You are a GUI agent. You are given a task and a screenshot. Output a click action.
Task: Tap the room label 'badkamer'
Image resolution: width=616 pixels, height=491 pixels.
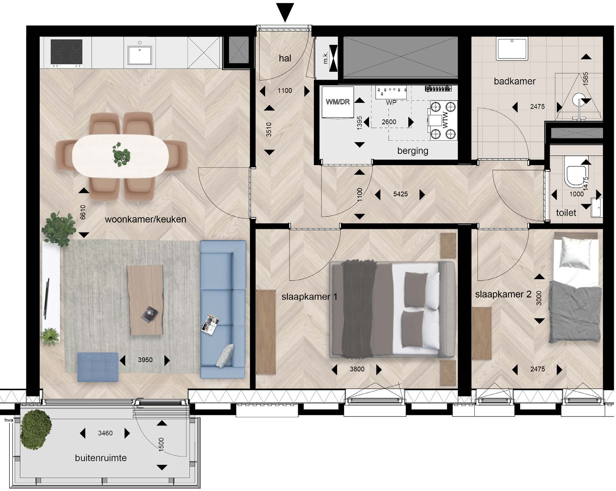514,81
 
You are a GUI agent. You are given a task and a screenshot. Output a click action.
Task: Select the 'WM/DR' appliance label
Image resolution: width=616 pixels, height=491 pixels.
338,102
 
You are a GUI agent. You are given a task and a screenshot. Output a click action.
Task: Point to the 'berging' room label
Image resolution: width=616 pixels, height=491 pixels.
413,151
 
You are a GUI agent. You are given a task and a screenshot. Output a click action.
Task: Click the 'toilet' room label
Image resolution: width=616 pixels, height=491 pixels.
566,213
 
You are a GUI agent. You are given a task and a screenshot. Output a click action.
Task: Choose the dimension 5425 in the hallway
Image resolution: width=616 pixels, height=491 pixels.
400,194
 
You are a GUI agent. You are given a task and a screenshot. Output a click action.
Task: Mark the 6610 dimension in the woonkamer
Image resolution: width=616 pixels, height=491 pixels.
83,212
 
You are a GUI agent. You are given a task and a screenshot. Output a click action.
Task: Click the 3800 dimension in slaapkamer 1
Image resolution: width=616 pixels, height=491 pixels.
357,369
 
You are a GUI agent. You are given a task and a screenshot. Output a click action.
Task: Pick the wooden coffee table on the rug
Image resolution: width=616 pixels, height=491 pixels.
145,300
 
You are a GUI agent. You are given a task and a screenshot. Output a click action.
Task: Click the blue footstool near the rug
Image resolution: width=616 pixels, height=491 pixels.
98,367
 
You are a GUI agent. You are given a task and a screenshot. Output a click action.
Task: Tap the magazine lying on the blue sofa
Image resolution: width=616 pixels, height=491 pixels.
210,324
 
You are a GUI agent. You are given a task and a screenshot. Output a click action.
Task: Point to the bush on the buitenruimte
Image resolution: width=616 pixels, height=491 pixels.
36,430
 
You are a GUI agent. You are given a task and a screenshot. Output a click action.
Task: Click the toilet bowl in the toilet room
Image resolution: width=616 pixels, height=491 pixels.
575,172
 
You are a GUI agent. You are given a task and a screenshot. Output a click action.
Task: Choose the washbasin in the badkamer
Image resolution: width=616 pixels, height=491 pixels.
512,49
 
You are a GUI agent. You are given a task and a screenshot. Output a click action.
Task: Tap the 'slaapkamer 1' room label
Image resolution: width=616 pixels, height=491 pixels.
309,297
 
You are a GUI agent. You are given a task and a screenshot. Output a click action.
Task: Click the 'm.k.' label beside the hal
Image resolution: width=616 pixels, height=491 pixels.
325,58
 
